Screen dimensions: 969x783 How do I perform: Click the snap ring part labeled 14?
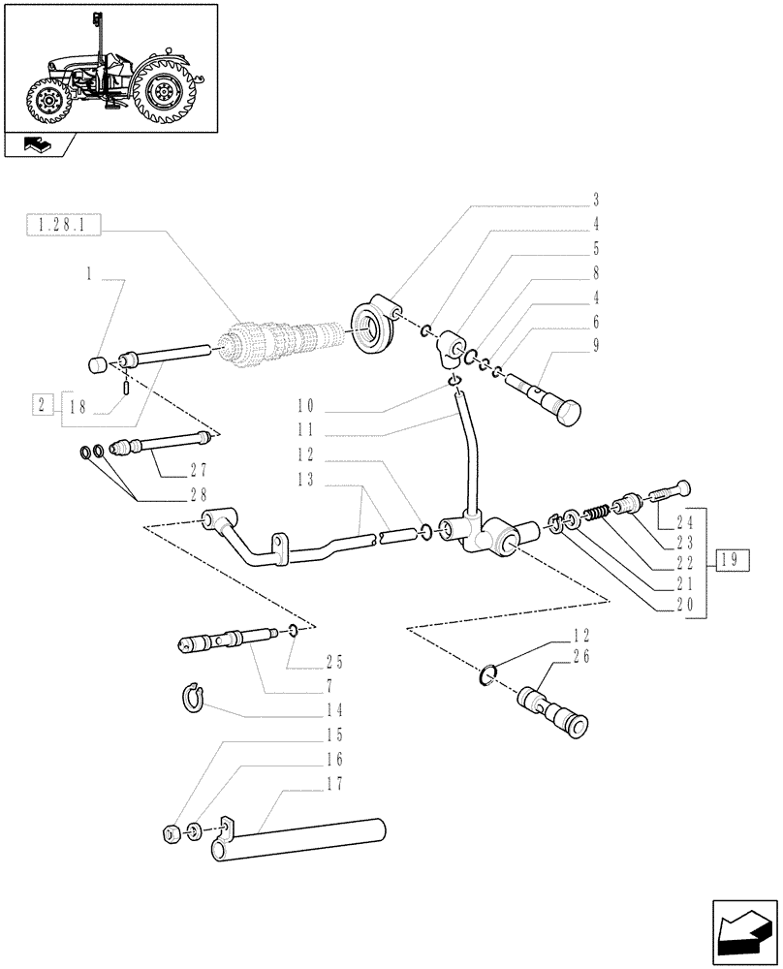pos(197,696)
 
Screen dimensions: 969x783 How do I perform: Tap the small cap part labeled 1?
pos(98,364)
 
